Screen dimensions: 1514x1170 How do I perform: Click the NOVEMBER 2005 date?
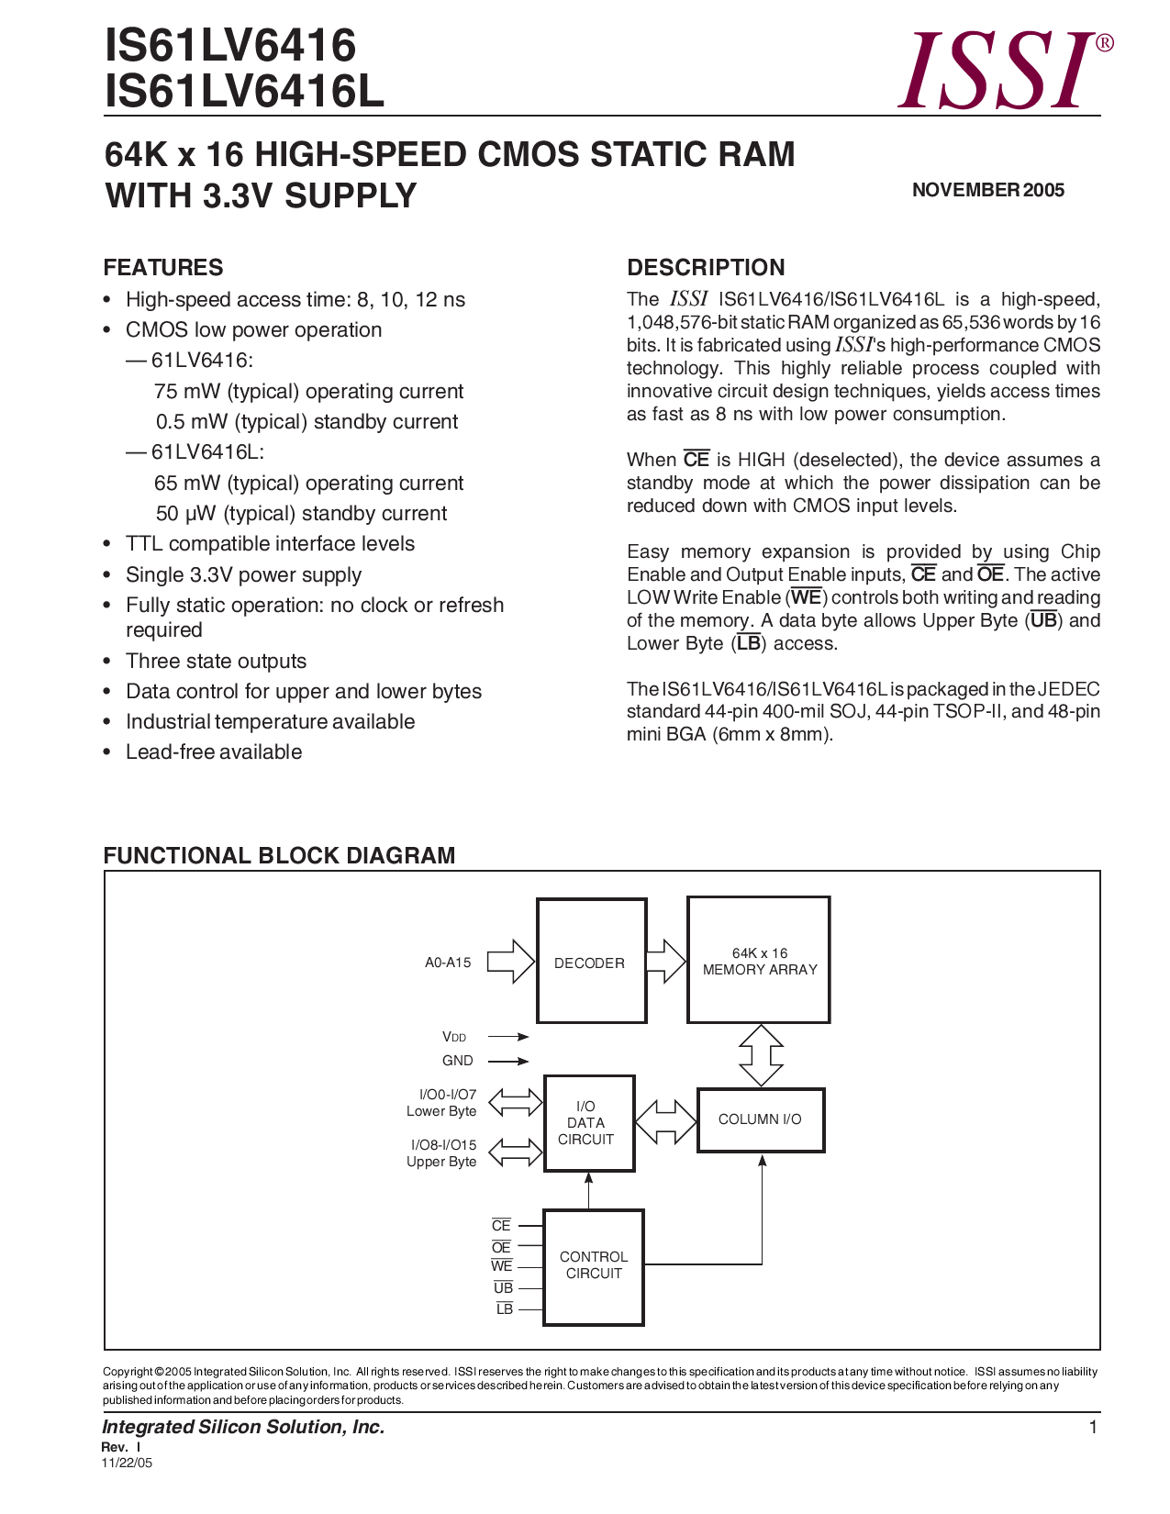click(987, 190)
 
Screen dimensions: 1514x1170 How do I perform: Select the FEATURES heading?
click(163, 267)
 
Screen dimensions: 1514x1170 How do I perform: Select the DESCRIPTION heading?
click(706, 267)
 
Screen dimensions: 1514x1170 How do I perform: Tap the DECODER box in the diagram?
click(591, 962)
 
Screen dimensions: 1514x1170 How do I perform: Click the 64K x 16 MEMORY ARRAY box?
click(759, 961)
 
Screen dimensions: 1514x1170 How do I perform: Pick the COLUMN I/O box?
click(760, 1119)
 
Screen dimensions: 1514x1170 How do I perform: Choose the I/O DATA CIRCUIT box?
click(588, 1123)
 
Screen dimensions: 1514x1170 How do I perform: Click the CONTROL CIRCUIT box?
click(594, 1266)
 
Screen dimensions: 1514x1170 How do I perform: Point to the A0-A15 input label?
click(448, 963)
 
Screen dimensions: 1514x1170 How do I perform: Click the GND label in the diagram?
click(458, 1061)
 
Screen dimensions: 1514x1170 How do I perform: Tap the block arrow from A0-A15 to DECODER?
click(510, 962)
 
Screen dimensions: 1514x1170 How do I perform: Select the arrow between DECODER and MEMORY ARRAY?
click(665, 961)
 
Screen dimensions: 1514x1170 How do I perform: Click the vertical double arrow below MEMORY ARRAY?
click(761, 1055)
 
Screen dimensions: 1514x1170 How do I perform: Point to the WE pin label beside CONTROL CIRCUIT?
click(502, 1266)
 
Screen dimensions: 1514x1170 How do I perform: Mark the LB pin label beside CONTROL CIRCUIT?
click(505, 1309)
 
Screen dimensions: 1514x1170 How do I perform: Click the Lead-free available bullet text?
click(214, 751)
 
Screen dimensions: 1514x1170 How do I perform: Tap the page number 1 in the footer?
click(1093, 1427)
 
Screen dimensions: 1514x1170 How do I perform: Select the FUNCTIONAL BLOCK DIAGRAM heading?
click(279, 855)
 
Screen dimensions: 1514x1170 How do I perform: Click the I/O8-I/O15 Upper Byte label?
click(442, 1152)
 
